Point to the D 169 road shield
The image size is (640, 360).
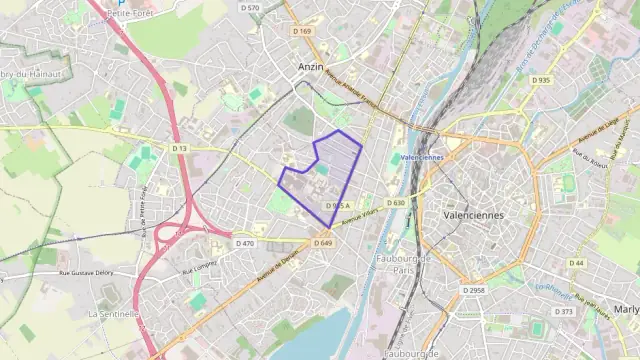[x=302, y=31]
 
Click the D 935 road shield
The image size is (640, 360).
[x=541, y=79]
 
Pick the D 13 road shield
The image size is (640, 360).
[x=179, y=148]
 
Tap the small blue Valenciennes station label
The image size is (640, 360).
[x=421, y=158]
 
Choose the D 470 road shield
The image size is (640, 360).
[x=245, y=243]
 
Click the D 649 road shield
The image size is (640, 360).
[x=322, y=243]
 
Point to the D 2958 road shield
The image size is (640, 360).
[x=473, y=289]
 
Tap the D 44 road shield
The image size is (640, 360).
[x=576, y=263]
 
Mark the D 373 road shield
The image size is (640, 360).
[x=565, y=311]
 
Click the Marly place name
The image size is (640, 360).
[x=626, y=309]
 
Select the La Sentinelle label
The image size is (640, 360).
[x=113, y=313]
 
